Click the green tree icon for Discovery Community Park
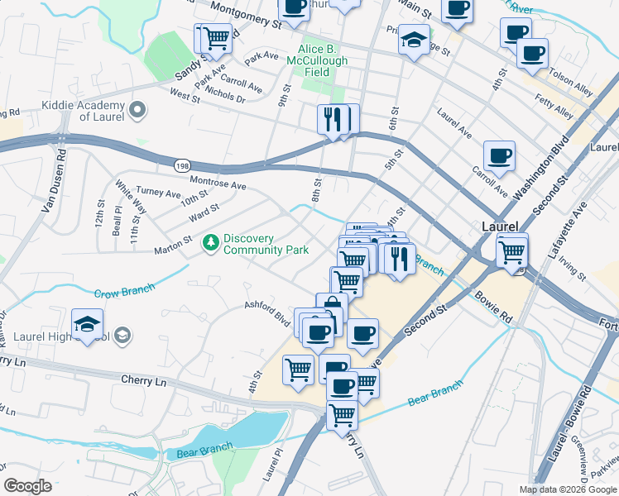[211, 241]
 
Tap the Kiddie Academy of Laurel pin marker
[137, 109]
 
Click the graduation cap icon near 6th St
[413, 40]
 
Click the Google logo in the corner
[29, 485]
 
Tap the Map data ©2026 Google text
[568, 489]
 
